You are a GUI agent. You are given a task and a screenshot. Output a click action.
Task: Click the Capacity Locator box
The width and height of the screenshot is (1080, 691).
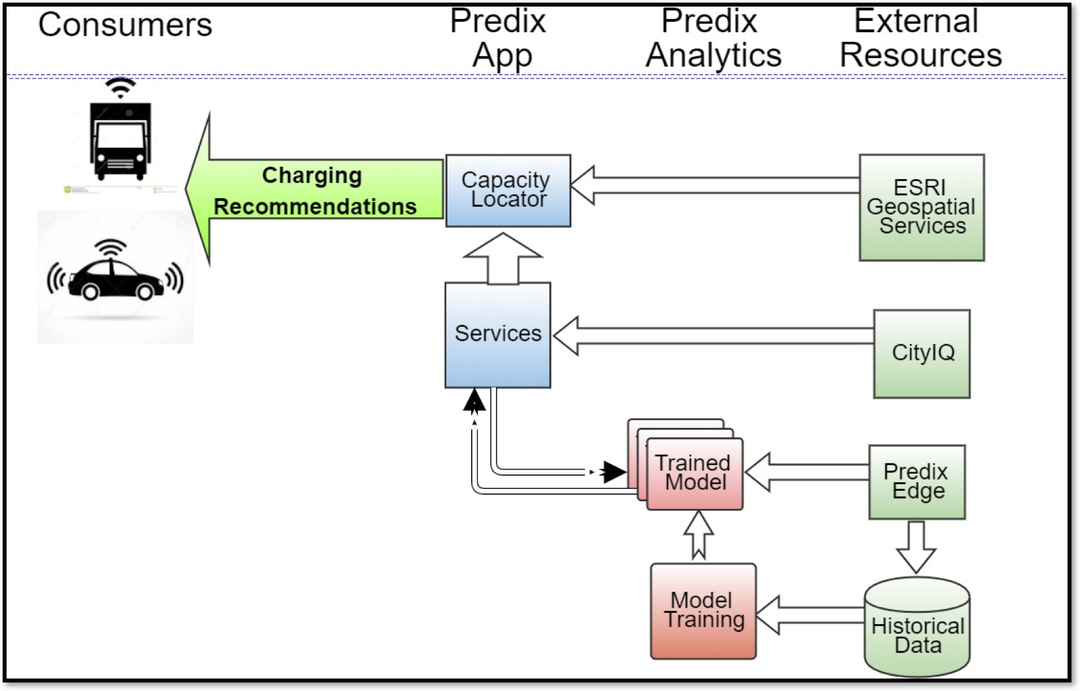[x=508, y=190]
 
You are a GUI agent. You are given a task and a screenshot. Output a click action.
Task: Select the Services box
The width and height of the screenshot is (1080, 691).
[x=497, y=335]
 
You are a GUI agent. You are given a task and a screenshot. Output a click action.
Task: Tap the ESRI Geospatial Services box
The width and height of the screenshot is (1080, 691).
[x=921, y=207]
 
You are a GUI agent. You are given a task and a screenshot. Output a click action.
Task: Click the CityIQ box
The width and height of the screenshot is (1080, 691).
[x=921, y=354]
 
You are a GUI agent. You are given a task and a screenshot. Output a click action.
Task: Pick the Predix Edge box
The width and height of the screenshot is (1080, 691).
[x=917, y=482]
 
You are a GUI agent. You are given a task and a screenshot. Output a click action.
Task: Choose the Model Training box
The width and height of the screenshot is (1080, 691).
[x=703, y=611]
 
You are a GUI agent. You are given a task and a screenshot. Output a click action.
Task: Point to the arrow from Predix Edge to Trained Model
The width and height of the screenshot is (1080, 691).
[x=807, y=472]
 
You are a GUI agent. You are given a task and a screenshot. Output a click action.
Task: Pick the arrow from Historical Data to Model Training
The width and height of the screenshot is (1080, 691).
[x=811, y=615]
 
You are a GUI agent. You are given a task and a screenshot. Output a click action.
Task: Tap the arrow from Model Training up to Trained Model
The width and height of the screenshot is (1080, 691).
[x=699, y=535]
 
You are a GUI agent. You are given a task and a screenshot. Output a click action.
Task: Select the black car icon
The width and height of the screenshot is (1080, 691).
[x=115, y=279]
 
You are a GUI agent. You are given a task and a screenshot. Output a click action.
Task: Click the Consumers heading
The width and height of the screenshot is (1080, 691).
[x=125, y=25]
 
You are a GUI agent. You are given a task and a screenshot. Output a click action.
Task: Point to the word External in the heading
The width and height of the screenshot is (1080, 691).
[x=916, y=21]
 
